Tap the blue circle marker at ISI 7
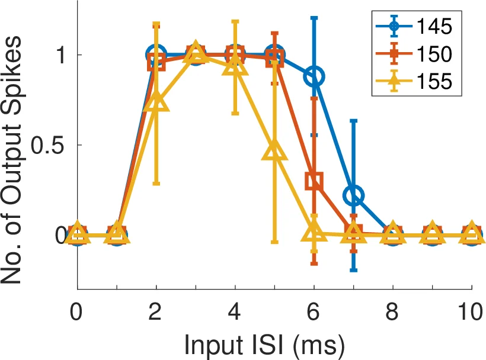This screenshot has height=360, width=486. pyautogui.click(x=354, y=195)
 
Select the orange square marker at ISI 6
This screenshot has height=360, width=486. pyautogui.click(x=314, y=181)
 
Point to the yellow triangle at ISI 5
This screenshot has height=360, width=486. pyautogui.click(x=274, y=152)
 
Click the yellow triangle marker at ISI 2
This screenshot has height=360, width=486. pyautogui.click(x=156, y=103)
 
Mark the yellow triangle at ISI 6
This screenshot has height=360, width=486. pyautogui.click(x=314, y=233)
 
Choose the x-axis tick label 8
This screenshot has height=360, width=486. pyautogui.click(x=393, y=313)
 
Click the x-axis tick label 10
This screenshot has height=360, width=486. pyautogui.click(x=471, y=313)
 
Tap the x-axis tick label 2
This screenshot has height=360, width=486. pyautogui.click(x=156, y=313)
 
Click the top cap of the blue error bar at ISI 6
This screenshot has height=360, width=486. pyautogui.click(x=314, y=18)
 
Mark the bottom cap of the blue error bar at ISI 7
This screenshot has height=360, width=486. pyautogui.click(x=354, y=271)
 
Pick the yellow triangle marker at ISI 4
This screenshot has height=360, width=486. pyautogui.click(x=235, y=66)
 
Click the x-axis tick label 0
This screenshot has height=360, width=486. pyautogui.click(x=77, y=313)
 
